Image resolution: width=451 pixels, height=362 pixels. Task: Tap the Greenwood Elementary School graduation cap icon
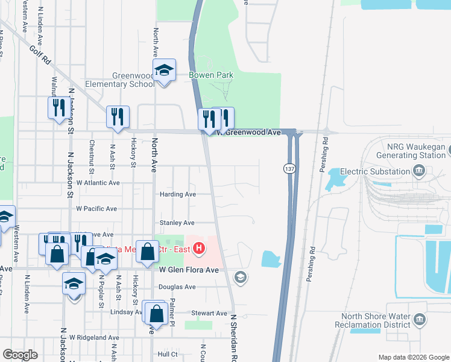[164, 71]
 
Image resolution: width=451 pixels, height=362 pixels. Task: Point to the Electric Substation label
[374, 171]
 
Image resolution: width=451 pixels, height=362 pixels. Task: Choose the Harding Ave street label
[177, 194]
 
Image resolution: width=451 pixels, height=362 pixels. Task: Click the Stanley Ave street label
[176, 223]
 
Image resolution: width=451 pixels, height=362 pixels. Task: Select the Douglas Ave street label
[177, 287]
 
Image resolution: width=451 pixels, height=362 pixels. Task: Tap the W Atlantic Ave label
[98, 182]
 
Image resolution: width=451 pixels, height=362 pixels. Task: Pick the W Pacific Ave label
[96, 208]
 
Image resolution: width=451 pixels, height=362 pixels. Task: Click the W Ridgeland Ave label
[94, 337]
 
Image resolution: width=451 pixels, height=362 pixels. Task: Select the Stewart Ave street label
[209, 313]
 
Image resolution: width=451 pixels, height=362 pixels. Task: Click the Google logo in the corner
[20, 355]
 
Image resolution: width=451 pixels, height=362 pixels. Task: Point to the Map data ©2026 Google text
[413, 357]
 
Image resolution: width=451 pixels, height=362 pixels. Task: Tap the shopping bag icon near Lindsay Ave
[156, 314]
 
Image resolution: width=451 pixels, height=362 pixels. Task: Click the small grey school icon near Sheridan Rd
[240, 277]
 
